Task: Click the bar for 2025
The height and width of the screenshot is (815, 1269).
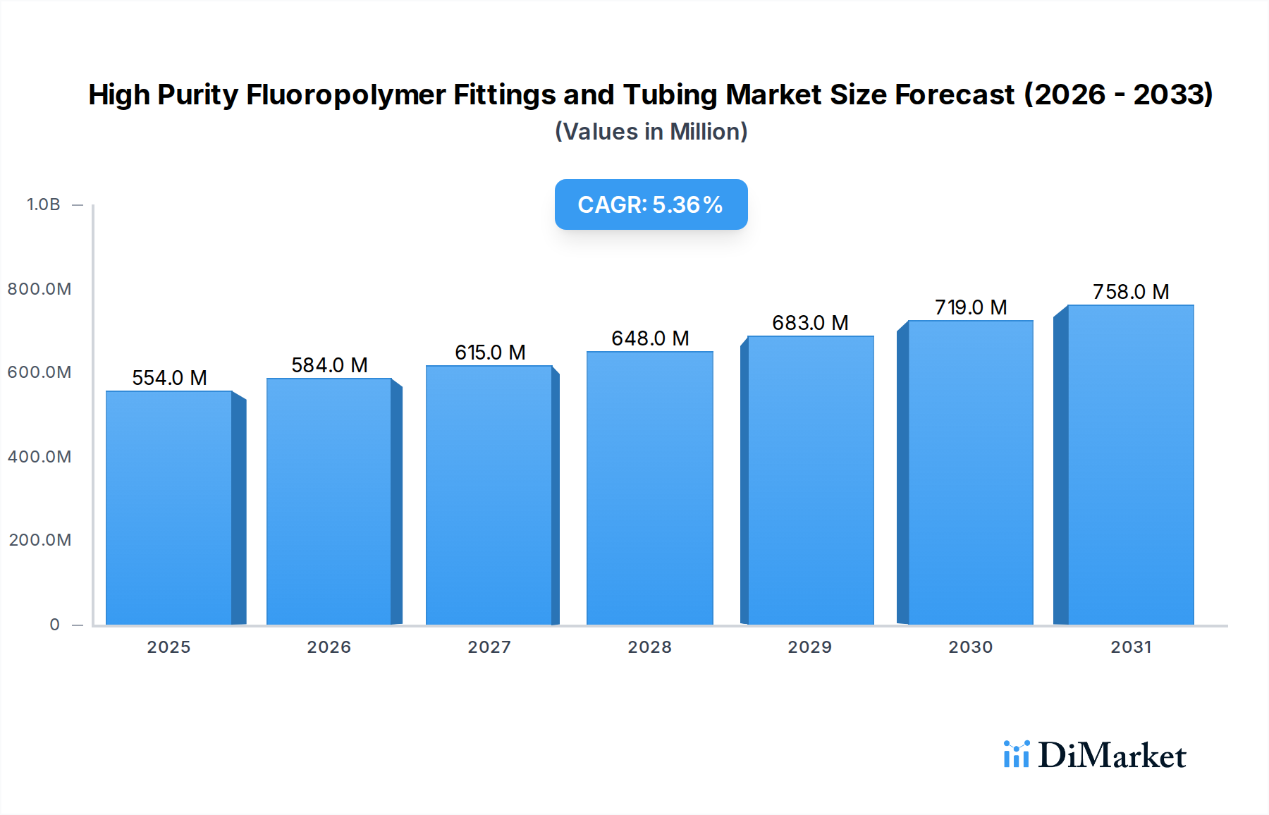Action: tap(169, 508)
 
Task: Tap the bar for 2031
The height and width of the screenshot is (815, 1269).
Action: tap(1130, 465)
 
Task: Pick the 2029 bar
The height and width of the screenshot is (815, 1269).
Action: tap(810, 480)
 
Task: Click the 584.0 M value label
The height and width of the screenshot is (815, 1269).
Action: tap(329, 365)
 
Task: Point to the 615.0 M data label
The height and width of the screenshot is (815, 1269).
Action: tap(490, 353)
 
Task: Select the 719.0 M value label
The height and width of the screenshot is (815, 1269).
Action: tap(971, 307)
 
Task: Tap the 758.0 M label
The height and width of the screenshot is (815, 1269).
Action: tap(1131, 292)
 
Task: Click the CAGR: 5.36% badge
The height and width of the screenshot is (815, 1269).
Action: tap(651, 204)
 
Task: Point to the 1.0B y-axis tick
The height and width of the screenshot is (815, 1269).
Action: tap(43, 204)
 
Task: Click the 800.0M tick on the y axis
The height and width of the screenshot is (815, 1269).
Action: tap(39, 289)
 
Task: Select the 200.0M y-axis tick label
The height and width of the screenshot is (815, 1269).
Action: tap(40, 540)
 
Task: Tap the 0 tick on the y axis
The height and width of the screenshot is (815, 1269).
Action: tap(54, 625)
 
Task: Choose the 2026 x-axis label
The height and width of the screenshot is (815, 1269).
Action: tap(329, 647)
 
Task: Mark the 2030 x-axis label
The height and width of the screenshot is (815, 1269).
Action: tap(970, 647)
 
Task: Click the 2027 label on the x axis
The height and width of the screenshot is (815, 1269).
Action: tap(489, 647)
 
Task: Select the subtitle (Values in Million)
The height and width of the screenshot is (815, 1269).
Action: tap(651, 132)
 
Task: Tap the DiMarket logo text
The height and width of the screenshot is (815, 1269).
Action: tap(1112, 755)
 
